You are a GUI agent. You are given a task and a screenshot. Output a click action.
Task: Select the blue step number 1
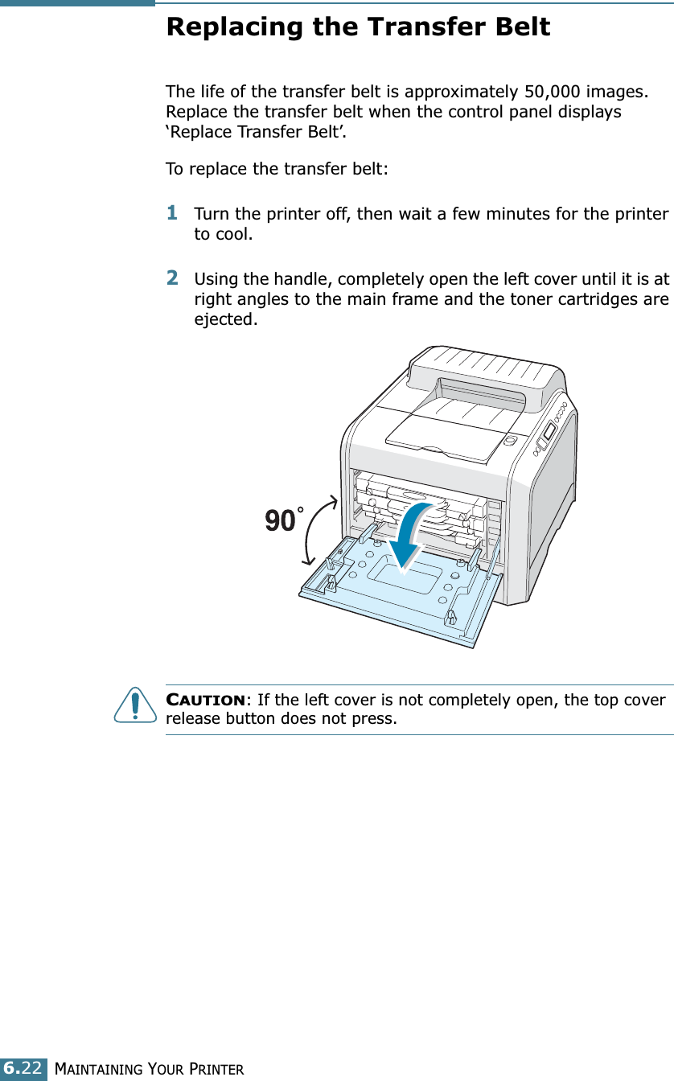[x=172, y=213]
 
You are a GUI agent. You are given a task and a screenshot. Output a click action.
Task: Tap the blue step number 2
[x=172, y=277]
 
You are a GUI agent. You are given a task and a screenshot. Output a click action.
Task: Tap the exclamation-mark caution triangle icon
[x=134, y=705]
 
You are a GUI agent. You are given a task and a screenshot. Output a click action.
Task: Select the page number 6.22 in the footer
[x=24, y=1068]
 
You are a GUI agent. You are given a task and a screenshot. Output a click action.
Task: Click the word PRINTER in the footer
[x=216, y=1069]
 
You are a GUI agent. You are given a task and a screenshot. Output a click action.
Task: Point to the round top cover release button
[x=508, y=441]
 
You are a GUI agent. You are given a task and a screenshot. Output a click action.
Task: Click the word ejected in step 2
[x=226, y=320]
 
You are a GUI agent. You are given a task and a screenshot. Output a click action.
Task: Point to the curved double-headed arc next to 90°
[x=315, y=531]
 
